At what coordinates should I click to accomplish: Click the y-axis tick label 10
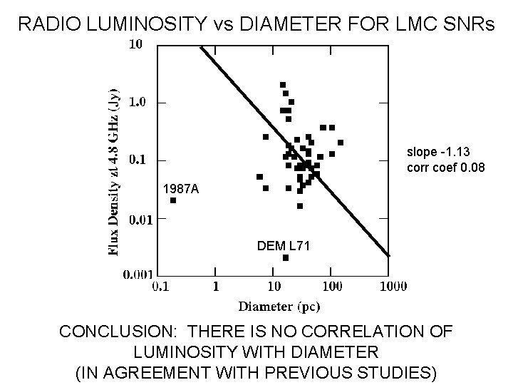pyautogui.click(x=135, y=44)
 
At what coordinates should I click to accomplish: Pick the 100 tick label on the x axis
pyautogui.click(x=333, y=287)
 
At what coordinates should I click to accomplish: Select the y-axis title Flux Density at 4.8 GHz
pyautogui.click(x=114, y=172)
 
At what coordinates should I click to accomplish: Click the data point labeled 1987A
pyautogui.click(x=173, y=200)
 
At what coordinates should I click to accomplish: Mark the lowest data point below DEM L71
pyautogui.click(x=286, y=257)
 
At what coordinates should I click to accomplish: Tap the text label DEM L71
pyautogui.click(x=283, y=245)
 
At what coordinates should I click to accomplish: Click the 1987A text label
pyautogui.click(x=181, y=190)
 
